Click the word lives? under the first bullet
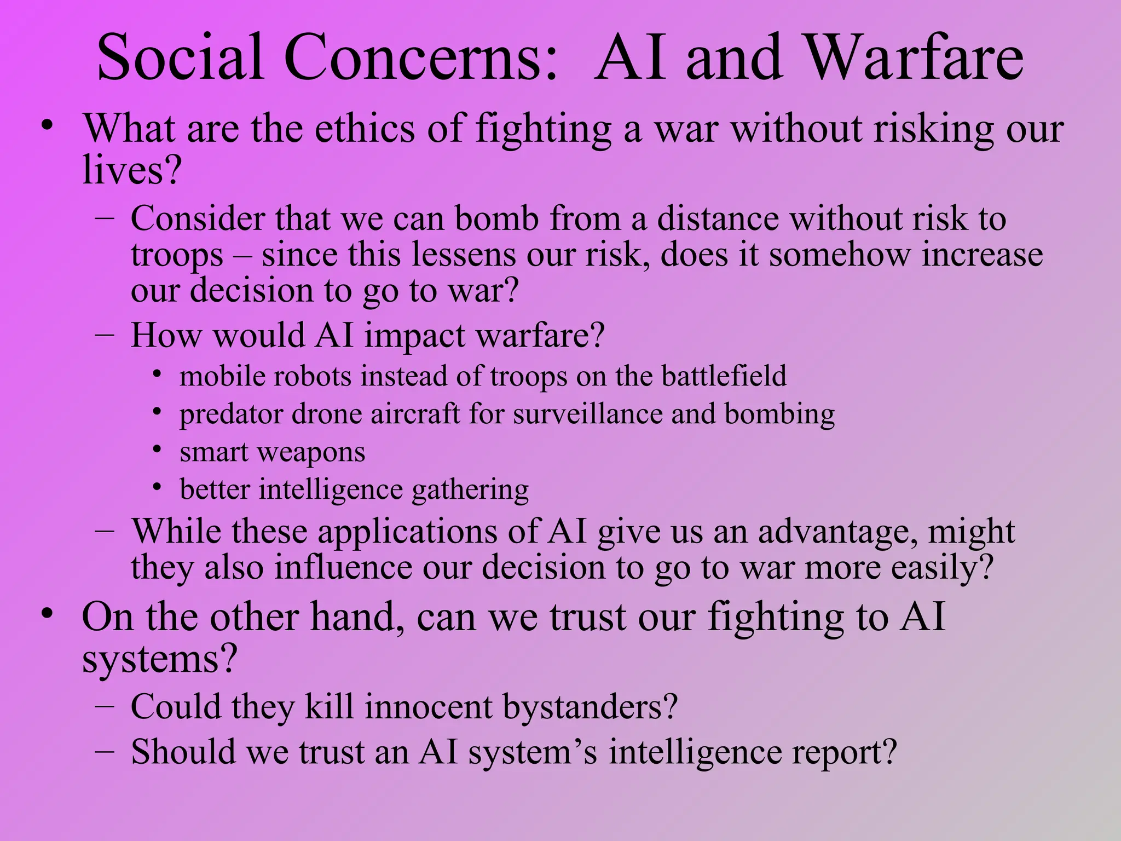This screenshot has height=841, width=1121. coord(131,170)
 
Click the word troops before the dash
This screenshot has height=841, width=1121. coord(177,256)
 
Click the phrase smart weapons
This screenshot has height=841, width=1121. coord(272,452)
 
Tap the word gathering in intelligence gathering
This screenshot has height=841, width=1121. coord(470,489)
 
